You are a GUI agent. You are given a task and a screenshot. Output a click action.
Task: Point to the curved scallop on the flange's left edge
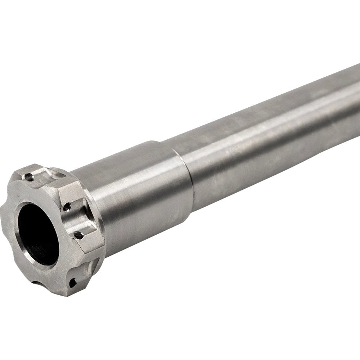tap(4, 212)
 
